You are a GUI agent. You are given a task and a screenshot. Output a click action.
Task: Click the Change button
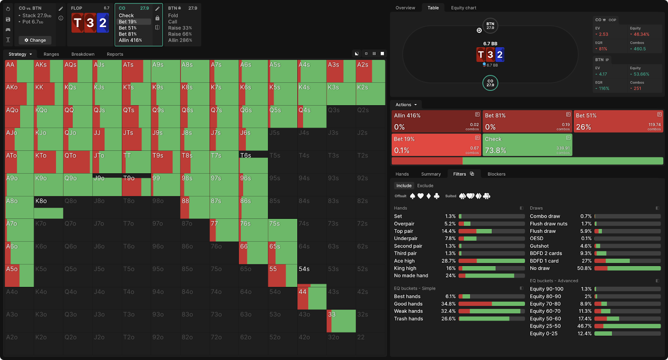pyautogui.click(x=35, y=40)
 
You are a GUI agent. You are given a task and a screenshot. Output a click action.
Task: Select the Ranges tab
pyautogui.click(x=51, y=54)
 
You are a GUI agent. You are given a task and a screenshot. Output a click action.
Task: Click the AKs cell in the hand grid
pyautogui.click(x=48, y=71)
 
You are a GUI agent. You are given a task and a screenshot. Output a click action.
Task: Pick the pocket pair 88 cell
pyautogui.click(x=195, y=208)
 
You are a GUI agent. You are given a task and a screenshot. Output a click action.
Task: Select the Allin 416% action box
pyautogui.click(x=436, y=121)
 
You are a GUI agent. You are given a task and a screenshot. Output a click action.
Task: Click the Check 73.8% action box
pyautogui.click(x=527, y=145)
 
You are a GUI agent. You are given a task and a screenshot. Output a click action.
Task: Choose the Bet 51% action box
pyautogui.click(x=618, y=121)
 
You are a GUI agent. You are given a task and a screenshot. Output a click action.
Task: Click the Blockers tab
pyautogui.click(x=496, y=174)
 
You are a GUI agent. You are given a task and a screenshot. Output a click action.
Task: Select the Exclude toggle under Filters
pyautogui.click(x=425, y=186)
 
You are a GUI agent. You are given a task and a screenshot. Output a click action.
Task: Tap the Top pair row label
pyautogui.click(x=404, y=231)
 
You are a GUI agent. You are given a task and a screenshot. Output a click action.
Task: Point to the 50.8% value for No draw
pyautogui.click(x=584, y=269)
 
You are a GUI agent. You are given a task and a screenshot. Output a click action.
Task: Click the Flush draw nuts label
pyautogui.click(x=549, y=224)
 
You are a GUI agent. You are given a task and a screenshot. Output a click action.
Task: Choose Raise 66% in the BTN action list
pyautogui.click(x=180, y=34)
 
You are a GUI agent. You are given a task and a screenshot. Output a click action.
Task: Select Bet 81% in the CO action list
pyautogui.click(x=128, y=34)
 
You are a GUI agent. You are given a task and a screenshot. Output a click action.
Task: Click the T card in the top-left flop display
pyautogui.click(x=78, y=23)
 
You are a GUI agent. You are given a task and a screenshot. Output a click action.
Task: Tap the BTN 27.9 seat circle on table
pyautogui.click(x=490, y=26)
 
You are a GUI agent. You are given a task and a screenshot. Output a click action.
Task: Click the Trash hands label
pyautogui.click(x=408, y=319)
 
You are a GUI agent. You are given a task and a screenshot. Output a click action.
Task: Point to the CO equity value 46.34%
pyautogui.click(x=641, y=34)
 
